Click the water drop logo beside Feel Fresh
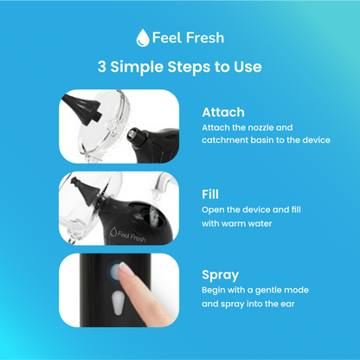(143, 37)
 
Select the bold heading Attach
(223, 112)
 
